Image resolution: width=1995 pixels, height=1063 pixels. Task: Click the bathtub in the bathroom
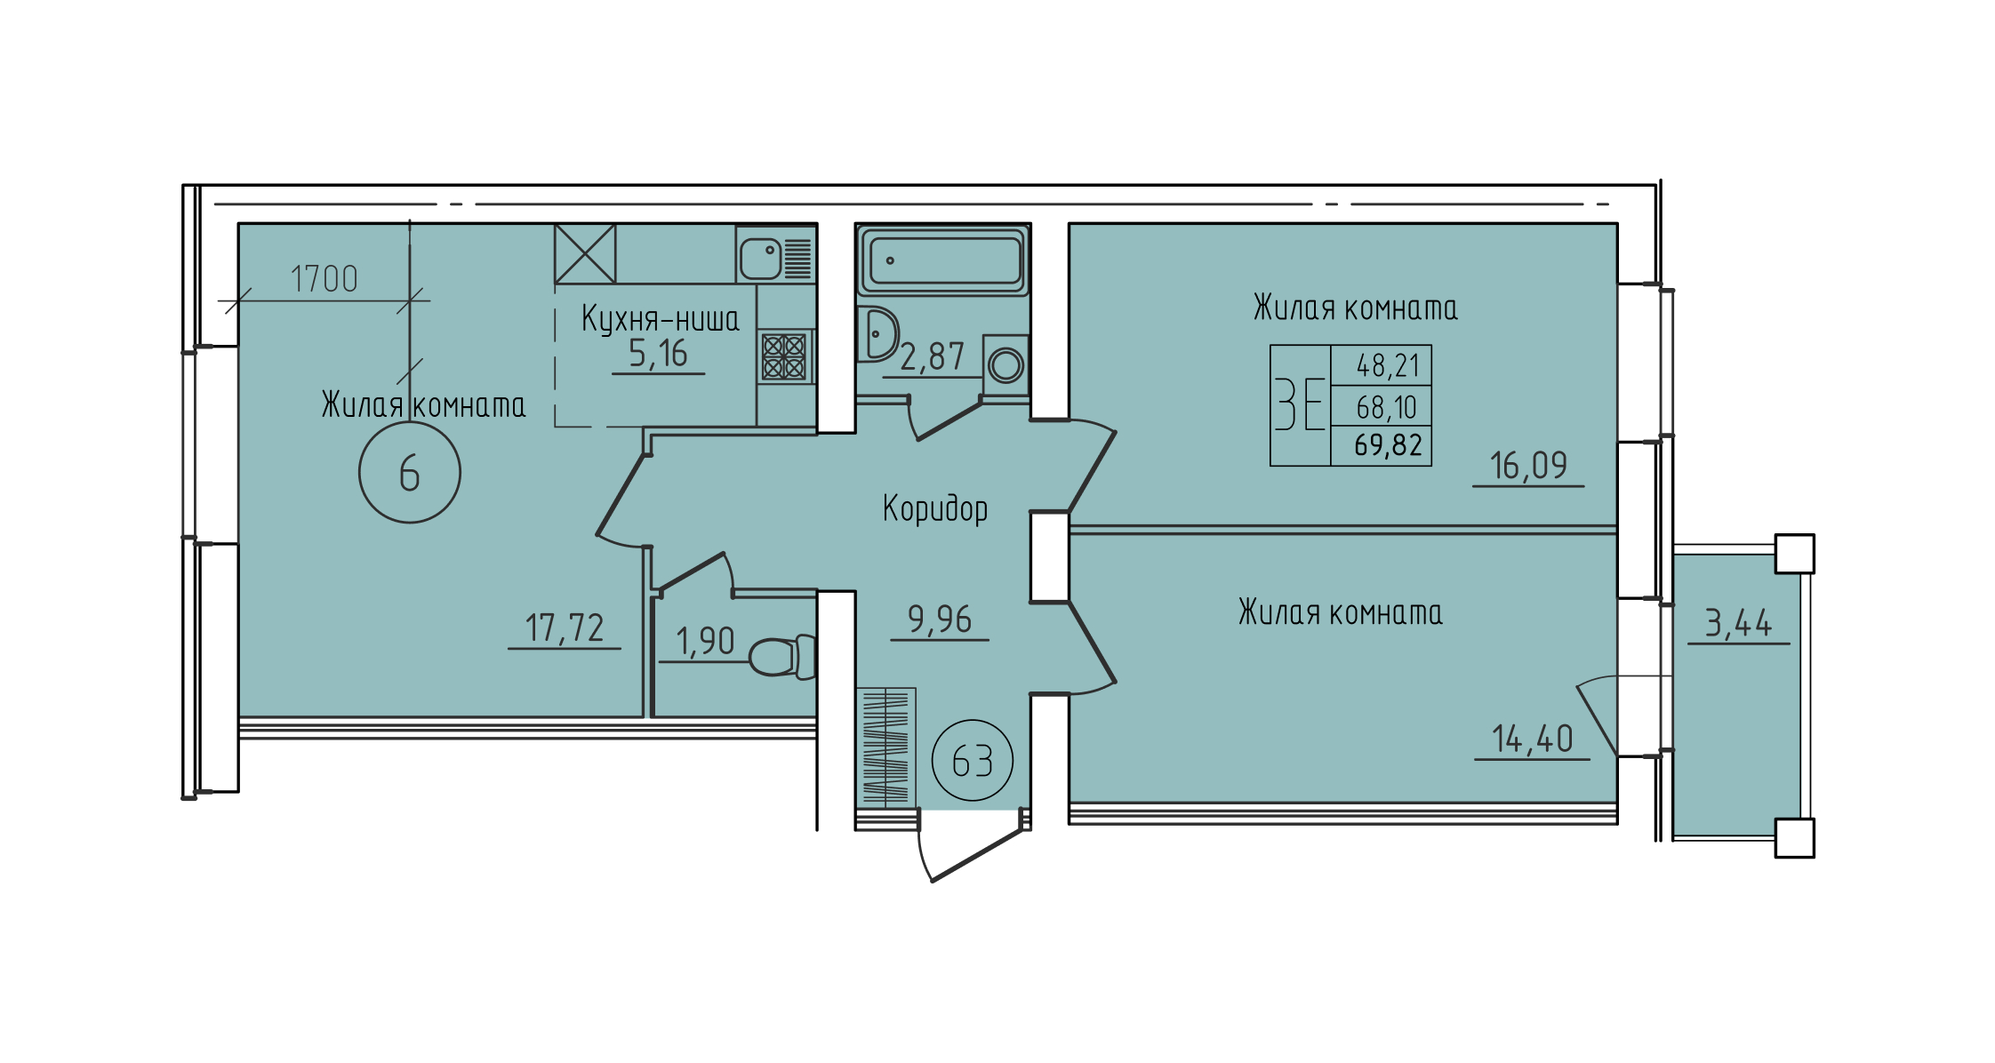click(x=943, y=260)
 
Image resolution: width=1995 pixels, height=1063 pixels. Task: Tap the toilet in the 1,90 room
click(x=783, y=657)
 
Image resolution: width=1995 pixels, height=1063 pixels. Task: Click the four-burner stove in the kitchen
click(x=784, y=356)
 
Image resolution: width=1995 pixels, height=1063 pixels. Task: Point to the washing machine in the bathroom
click(x=1006, y=364)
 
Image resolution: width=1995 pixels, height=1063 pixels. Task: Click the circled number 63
click(x=973, y=761)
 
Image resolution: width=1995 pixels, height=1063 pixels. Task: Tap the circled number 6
click(x=410, y=472)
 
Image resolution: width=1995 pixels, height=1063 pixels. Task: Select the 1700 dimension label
click(x=324, y=279)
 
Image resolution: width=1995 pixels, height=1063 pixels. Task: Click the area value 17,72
click(x=565, y=627)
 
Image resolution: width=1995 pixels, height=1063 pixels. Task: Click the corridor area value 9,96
click(x=939, y=619)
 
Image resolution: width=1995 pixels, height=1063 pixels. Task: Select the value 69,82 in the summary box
click(x=1389, y=444)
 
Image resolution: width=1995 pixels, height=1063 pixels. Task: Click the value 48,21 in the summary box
click(x=1388, y=365)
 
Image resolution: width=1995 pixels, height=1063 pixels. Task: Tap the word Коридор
click(x=935, y=508)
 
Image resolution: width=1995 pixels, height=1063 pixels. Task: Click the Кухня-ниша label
click(x=661, y=318)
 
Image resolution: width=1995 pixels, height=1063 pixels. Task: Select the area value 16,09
click(x=1528, y=466)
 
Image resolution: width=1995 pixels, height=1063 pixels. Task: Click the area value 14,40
click(x=1532, y=739)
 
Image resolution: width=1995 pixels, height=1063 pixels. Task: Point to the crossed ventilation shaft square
click(x=585, y=253)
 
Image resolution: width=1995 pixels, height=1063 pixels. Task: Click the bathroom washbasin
click(x=877, y=334)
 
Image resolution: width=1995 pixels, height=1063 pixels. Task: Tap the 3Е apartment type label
click(x=1300, y=404)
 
